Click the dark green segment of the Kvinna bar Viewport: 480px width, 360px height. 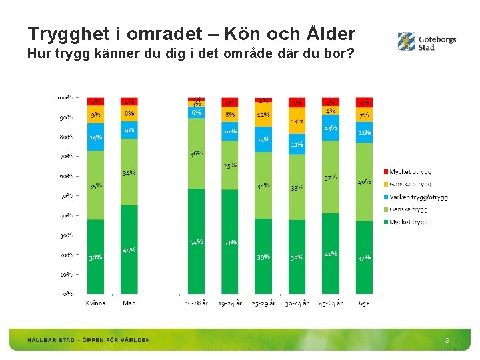pos(95,256)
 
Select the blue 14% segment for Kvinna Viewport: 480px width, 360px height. pos(95,137)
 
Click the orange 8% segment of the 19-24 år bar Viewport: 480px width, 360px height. pos(230,114)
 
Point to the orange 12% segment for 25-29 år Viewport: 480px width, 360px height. pos(263,114)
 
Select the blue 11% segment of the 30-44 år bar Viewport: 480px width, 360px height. pos(297,144)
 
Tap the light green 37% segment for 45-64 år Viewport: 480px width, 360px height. pos(331,177)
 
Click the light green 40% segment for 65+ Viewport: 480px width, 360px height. pos(364,181)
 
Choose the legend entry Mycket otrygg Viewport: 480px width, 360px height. pos(409,172)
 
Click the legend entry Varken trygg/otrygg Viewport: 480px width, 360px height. pos(418,197)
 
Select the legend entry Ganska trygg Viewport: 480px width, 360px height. pos(408,209)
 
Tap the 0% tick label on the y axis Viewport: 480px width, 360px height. pos(68,293)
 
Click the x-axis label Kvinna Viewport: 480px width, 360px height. pos(95,303)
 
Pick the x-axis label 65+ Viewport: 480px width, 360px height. pos(364,303)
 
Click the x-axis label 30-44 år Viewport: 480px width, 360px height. pos(297,303)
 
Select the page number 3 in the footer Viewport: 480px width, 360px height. pos(447,341)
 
